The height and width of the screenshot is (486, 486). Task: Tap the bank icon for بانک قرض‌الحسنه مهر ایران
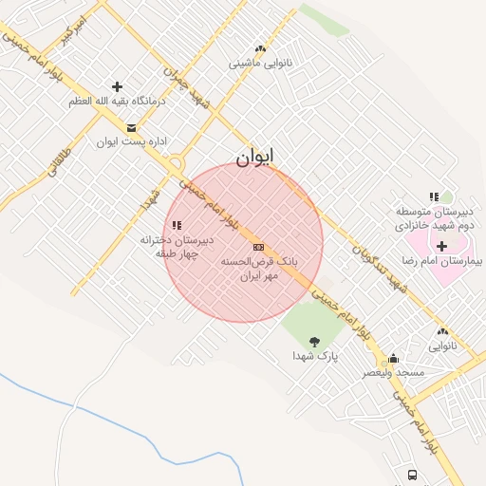(x=258, y=247)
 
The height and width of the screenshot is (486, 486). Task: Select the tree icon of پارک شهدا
(x=314, y=341)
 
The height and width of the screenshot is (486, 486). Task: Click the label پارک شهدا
(x=314, y=357)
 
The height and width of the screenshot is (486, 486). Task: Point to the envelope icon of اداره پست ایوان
(x=131, y=127)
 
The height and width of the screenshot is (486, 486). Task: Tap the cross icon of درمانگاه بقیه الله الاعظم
(x=117, y=86)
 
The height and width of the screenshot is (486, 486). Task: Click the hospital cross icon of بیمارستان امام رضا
(x=441, y=246)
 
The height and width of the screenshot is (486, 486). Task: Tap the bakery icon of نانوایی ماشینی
(x=259, y=49)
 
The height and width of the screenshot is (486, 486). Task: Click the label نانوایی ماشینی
(x=259, y=64)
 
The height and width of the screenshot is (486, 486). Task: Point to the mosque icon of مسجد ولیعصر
(x=393, y=359)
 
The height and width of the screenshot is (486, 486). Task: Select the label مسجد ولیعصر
(x=393, y=373)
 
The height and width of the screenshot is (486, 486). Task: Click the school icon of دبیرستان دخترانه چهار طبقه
(x=177, y=225)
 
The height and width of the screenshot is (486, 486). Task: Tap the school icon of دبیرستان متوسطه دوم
(x=434, y=196)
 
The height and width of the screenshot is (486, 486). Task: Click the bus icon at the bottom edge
(x=412, y=475)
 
